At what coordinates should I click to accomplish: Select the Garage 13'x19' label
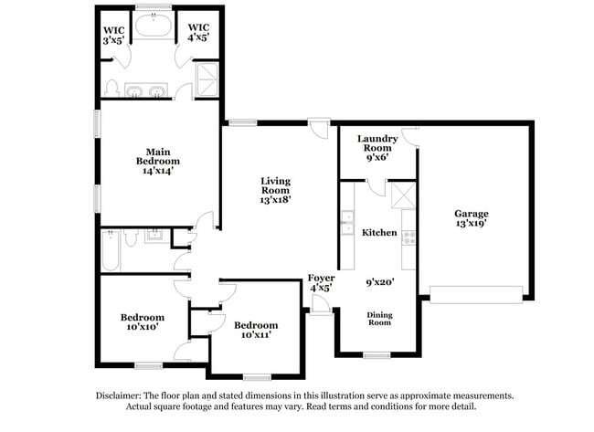click(x=472, y=220)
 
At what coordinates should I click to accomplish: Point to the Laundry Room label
click(x=377, y=147)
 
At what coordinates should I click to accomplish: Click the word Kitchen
click(x=379, y=233)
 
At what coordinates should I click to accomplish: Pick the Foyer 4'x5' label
click(x=319, y=281)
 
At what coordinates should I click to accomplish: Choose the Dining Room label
click(x=379, y=319)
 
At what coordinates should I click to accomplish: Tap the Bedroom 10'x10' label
click(x=142, y=322)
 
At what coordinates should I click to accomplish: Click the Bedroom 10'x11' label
click(x=256, y=330)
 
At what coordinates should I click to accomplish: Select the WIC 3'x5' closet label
click(x=113, y=35)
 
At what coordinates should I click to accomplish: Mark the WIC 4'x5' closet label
click(x=197, y=35)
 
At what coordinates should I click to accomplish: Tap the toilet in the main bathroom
click(x=111, y=90)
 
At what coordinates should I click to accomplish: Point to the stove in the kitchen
click(x=408, y=237)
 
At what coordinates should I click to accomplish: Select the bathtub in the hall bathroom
click(x=110, y=251)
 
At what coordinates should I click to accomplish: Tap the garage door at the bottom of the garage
click(x=476, y=293)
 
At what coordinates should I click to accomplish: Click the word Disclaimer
click(x=120, y=396)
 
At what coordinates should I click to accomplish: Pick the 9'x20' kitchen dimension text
click(x=379, y=284)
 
